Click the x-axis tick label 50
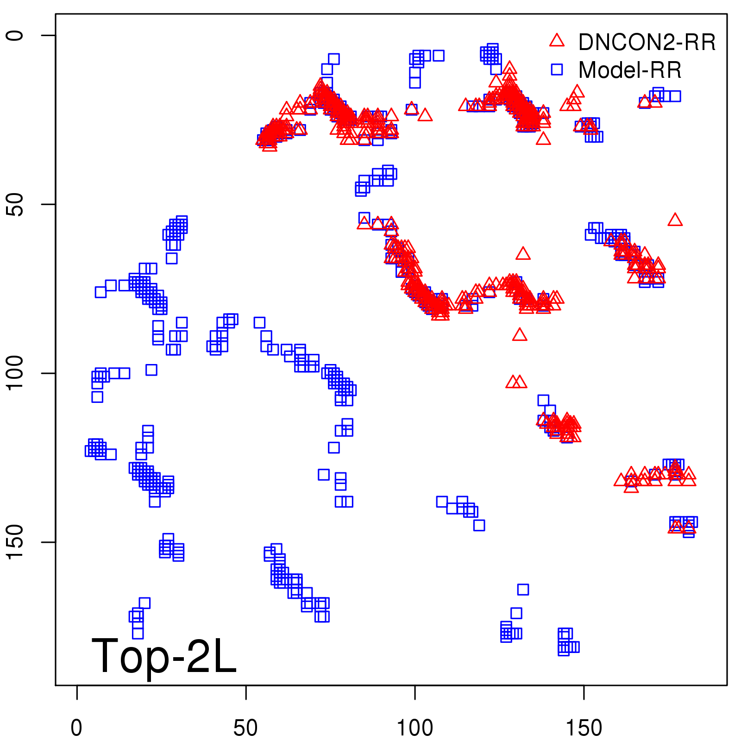[245, 728]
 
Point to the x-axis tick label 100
[415, 728]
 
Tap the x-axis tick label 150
[584, 728]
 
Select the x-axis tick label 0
[77, 728]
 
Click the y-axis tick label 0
[15, 36]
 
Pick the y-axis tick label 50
[15, 204]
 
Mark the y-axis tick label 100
[15, 373]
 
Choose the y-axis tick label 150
[15, 542]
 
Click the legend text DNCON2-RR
[647, 43]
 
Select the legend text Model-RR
[630, 70]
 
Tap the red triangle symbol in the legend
[557, 41]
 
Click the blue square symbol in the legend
[557, 69]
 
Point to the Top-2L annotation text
[164, 656]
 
